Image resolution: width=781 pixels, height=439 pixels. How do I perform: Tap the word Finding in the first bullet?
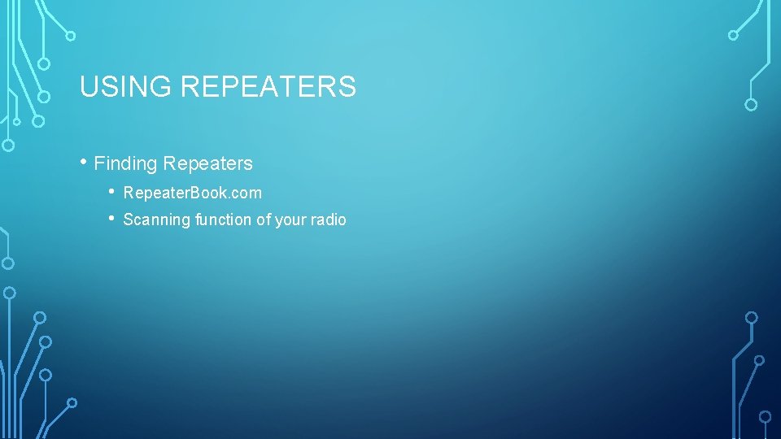coord(125,163)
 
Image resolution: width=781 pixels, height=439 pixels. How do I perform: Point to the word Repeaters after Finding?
coord(207,163)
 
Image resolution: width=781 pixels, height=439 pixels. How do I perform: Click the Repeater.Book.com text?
coord(192,193)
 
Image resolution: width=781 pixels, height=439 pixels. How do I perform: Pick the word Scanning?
coord(157,219)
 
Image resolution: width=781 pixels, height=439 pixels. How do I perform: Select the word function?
coord(224,219)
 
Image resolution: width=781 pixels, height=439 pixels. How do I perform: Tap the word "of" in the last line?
coord(264,219)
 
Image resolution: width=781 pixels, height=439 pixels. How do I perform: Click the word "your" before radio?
coord(290,219)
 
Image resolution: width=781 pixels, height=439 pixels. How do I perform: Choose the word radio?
coord(328,219)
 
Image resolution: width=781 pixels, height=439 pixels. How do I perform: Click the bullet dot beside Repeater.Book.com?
coord(112,192)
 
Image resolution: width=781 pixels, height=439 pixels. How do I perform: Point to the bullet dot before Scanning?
coord(112,218)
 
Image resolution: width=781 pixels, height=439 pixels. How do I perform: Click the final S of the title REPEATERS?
coord(348,86)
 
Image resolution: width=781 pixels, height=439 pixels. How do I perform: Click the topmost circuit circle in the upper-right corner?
coord(733,35)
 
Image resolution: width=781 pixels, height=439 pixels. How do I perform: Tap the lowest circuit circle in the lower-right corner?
coord(765,416)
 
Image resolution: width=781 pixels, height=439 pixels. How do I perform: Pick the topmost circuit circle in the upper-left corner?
coord(71,36)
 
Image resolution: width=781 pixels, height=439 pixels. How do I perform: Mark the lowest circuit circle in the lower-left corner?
coord(72,402)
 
